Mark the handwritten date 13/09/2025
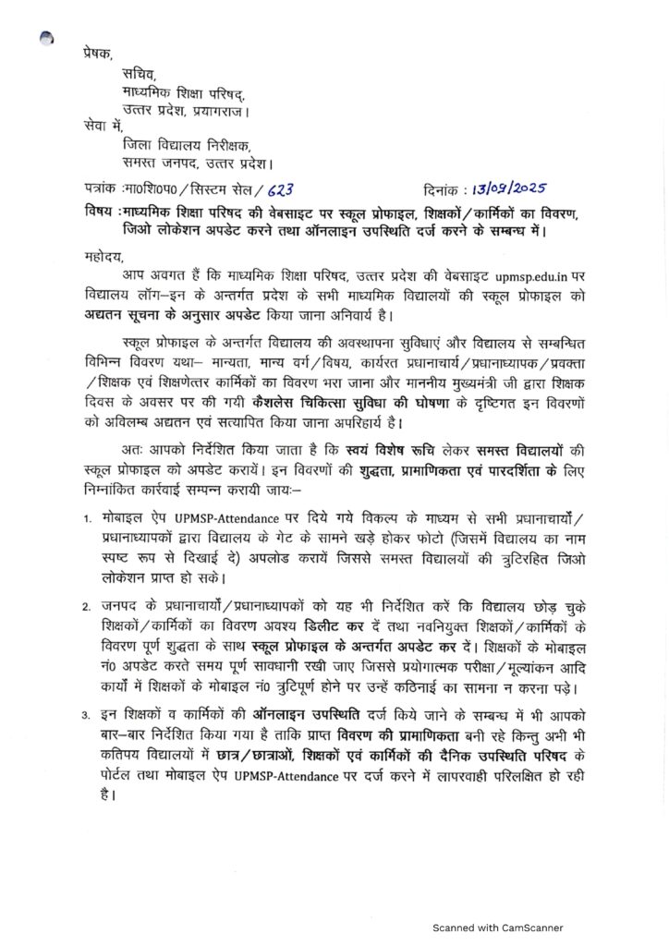pyautogui.click(x=511, y=187)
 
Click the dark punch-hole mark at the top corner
pyautogui.click(x=45, y=38)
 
